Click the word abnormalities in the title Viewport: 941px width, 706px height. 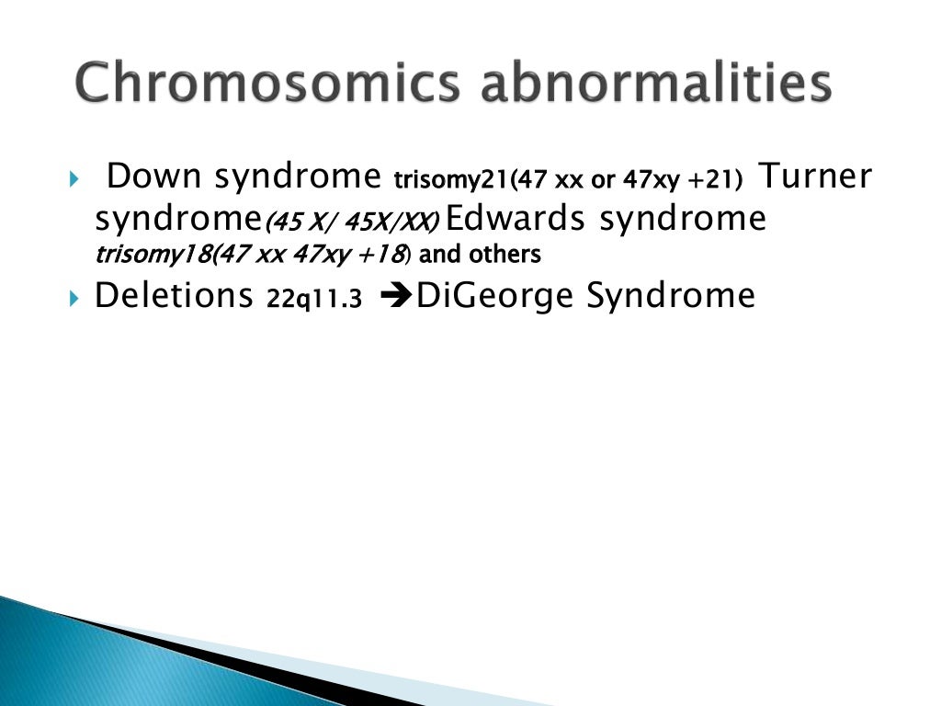(x=658, y=85)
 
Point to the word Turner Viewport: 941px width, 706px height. (x=813, y=176)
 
